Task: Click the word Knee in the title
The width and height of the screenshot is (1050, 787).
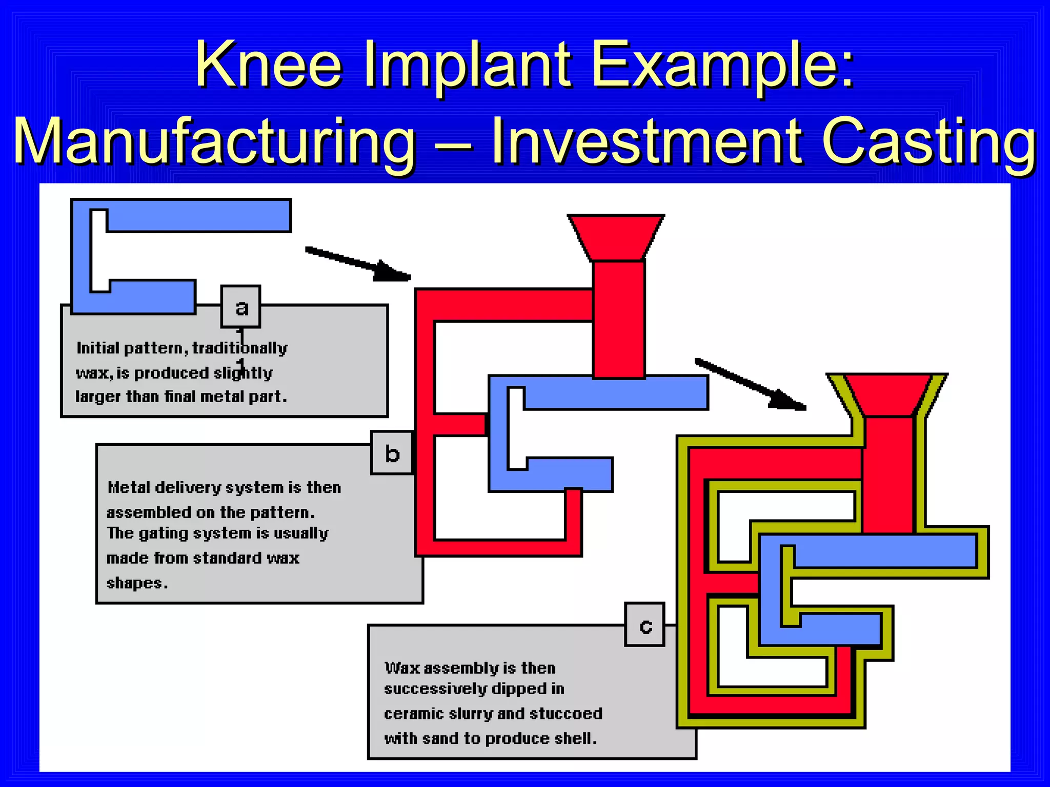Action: pos(268,66)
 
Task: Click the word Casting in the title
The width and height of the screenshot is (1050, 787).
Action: pos(929,141)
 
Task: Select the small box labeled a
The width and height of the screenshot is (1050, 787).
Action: pos(241,307)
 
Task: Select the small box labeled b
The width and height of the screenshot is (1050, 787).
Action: pos(392,453)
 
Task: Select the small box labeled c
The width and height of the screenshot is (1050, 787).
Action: pos(645,625)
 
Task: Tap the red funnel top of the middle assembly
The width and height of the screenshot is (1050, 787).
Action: pos(616,237)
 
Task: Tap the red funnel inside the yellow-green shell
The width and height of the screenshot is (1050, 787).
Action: pos(887,395)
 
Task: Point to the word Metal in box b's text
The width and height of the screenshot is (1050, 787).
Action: pos(130,487)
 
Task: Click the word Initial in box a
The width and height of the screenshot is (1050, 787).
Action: pos(98,348)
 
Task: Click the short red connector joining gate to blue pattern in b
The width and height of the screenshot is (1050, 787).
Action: pos(460,425)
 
